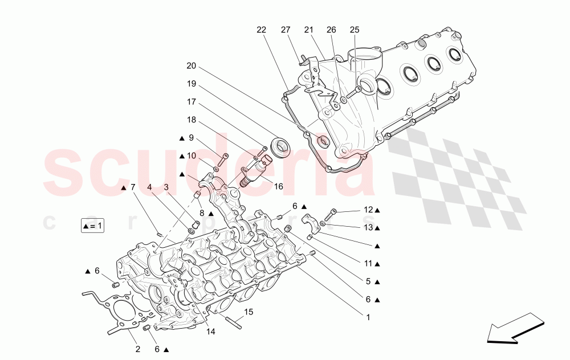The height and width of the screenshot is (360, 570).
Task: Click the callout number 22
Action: pos(261,30)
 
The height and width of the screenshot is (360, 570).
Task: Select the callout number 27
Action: pos(286,30)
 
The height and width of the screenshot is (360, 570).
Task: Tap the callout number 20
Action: pos(191,66)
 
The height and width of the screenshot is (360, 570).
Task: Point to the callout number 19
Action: pos(191,84)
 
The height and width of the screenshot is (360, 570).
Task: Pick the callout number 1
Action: pos(368,317)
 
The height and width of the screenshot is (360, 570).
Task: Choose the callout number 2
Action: pos(137,349)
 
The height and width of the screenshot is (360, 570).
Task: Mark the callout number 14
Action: pos(211,332)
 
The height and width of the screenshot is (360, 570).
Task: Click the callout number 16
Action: pos(279,186)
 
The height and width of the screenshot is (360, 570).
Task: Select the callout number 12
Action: pos(368,210)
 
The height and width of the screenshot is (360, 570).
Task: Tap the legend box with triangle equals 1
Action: pos(93,226)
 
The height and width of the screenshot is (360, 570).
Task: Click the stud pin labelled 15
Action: pos(235,322)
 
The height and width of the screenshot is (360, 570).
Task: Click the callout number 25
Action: pos(355,30)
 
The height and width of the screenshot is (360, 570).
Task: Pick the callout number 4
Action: pos(149,187)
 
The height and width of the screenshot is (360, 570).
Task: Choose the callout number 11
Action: pos(368,264)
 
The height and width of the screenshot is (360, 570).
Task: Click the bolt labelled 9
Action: pos(224,160)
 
